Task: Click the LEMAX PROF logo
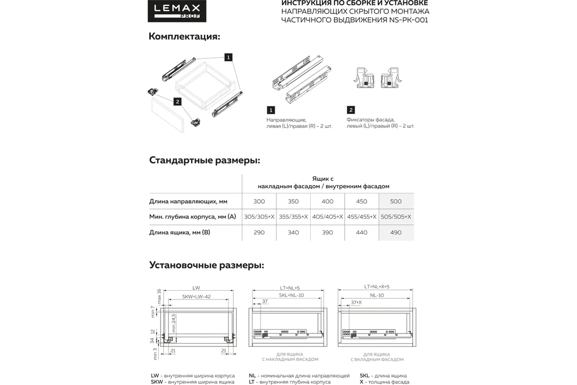(x=176, y=11)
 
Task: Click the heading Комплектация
(x=184, y=37)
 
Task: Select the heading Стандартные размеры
(x=204, y=160)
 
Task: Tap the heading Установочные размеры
(x=206, y=265)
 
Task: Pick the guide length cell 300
(x=259, y=202)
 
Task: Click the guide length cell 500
(x=396, y=202)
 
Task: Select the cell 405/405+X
(x=327, y=217)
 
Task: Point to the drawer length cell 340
(x=293, y=232)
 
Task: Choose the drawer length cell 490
(x=396, y=232)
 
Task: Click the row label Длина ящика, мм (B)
(x=179, y=232)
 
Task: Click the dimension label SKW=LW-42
(x=196, y=297)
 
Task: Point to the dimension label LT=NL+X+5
(x=376, y=287)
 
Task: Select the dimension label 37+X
(x=356, y=302)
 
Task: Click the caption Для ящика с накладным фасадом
(x=290, y=357)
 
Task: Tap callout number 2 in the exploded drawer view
(x=177, y=102)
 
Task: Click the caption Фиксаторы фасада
(x=370, y=119)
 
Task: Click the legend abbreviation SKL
(x=366, y=375)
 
